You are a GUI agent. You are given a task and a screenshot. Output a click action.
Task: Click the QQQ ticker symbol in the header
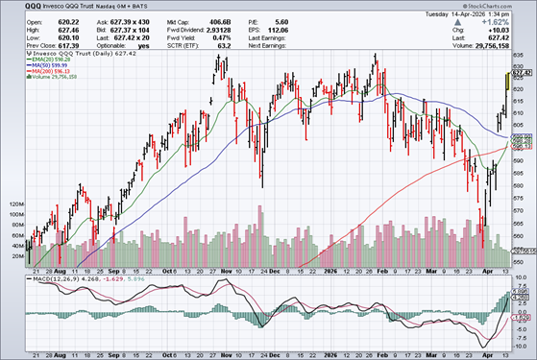[x=14, y=8]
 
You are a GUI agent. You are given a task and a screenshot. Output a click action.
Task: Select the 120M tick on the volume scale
[x=14, y=204]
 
